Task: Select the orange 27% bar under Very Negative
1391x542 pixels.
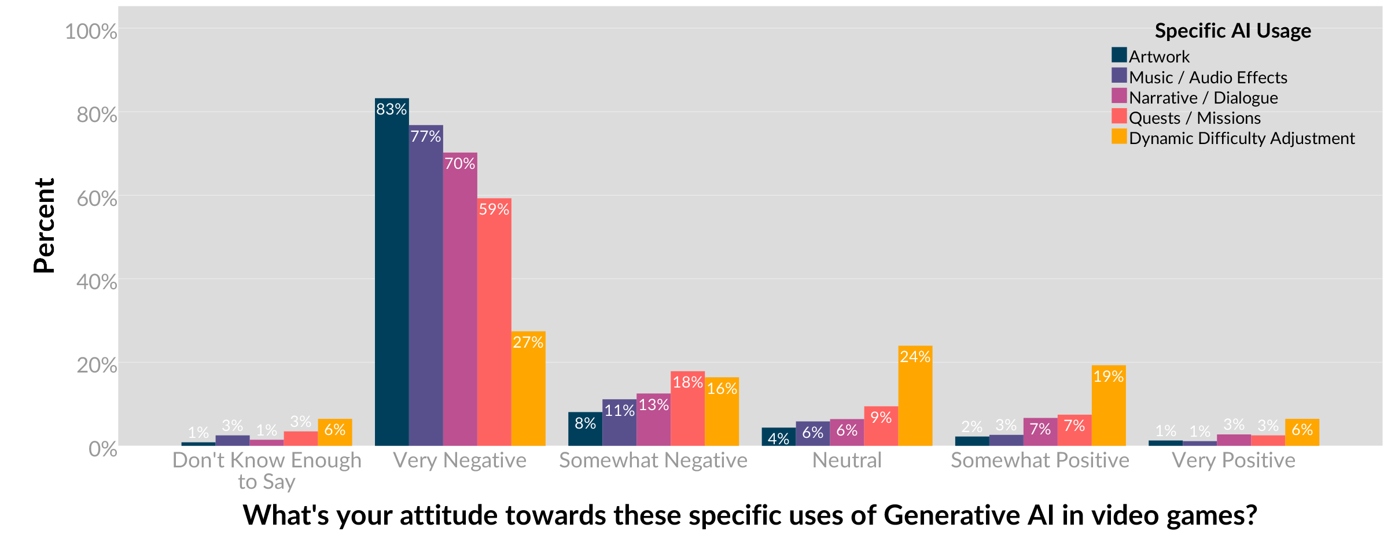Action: pos(528,393)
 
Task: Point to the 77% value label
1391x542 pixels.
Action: pos(426,137)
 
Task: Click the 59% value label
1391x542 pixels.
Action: pos(494,209)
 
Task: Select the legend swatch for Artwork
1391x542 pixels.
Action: pos(1119,56)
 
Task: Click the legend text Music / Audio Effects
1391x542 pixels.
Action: pos(1208,78)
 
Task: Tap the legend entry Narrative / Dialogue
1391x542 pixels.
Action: pos(1203,98)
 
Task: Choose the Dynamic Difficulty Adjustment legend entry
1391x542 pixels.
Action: pos(1241,138)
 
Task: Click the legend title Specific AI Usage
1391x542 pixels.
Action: pos(1232,31)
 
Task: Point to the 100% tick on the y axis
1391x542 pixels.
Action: pos(91,31)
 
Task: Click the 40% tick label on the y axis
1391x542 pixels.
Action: pos(97,282)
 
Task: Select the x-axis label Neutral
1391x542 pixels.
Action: pos(847,460)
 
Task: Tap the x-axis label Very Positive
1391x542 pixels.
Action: pos(1233,460)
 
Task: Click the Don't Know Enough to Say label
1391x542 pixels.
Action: pos(267,470)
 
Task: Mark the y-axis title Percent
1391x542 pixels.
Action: pos(45,226)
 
